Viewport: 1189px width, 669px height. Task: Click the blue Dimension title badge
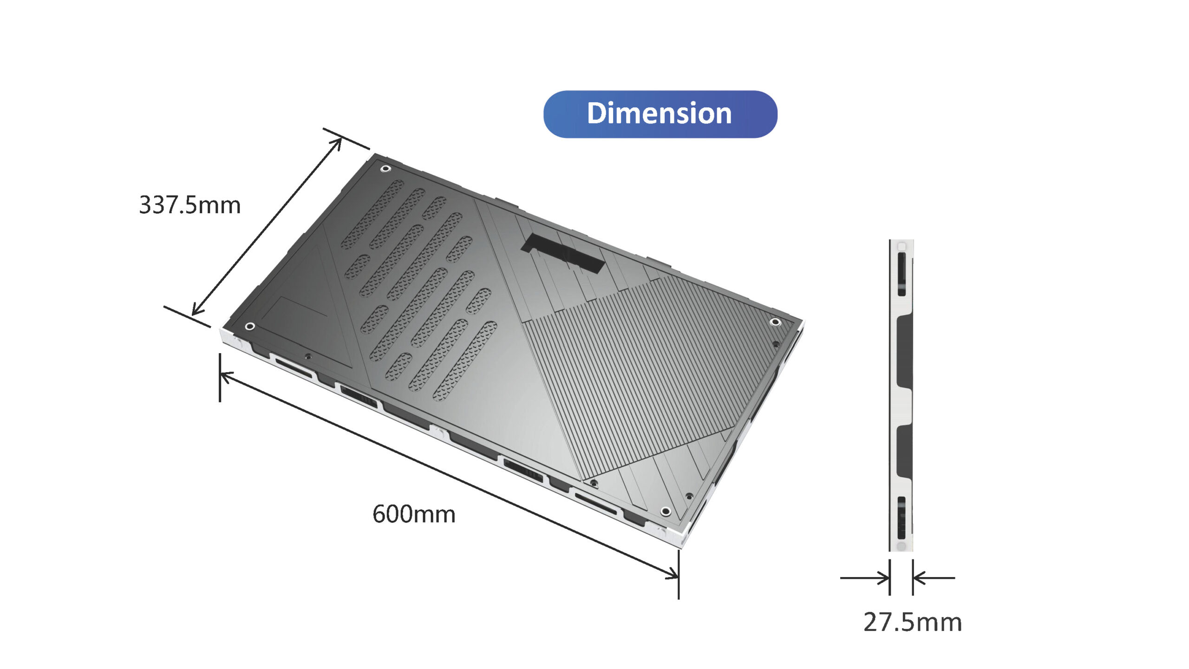660,114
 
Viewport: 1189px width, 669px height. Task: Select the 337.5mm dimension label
190,205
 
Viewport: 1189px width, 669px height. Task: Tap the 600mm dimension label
414,514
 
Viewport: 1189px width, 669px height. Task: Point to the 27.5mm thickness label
912,622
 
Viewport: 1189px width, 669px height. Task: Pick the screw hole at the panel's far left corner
249,326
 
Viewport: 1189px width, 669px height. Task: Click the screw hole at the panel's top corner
385,168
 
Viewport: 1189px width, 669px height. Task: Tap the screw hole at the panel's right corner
775,322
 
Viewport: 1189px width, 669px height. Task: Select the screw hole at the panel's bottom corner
666,511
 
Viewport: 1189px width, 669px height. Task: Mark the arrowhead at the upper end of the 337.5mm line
337,142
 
